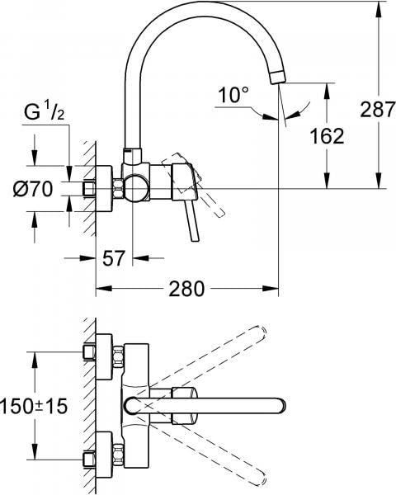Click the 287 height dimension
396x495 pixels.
378,109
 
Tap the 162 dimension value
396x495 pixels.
327,136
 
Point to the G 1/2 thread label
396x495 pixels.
45,113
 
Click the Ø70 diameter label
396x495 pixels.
33,189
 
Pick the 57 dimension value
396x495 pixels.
114,258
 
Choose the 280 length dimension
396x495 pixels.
186,289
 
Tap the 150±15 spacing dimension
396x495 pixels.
34,406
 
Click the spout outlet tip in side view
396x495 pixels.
277,77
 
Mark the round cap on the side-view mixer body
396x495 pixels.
135,188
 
